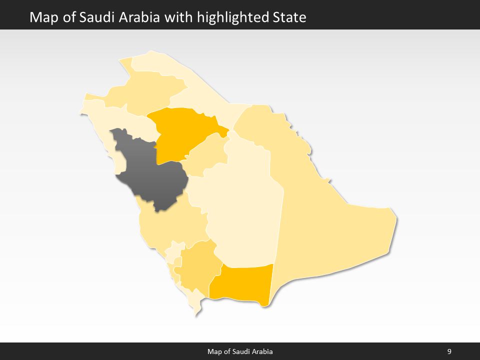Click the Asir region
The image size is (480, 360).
(x=197, y=265)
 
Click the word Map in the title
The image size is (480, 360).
(x=42, y=17)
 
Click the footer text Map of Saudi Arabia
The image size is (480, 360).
(x=240, y=351)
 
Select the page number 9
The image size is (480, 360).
(x=449, y=351)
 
